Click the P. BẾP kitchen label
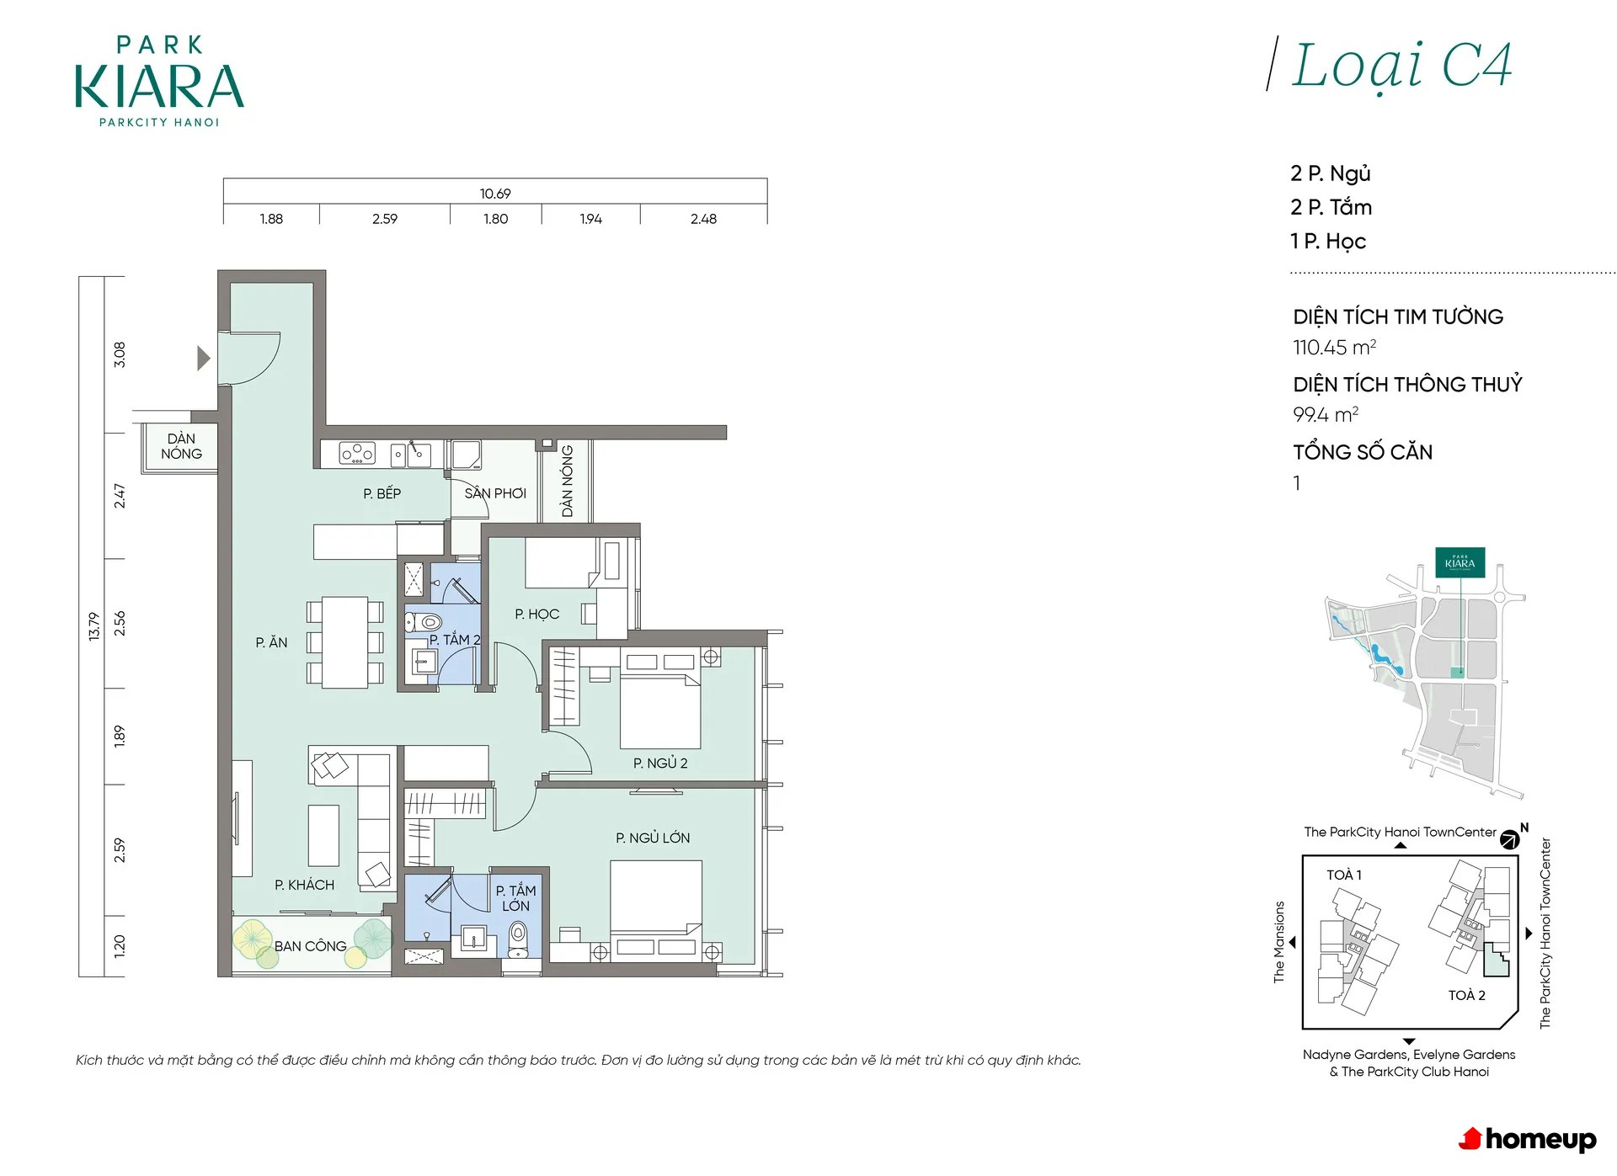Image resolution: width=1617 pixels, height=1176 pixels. [x=382, y=493]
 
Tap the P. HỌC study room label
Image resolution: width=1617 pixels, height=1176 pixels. [x=536, y=614]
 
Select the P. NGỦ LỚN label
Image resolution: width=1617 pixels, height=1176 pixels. [x=653, y=838]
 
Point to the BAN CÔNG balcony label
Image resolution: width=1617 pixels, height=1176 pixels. [x=310, y=945]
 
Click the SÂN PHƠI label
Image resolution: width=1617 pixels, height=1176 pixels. [x=495, y=492]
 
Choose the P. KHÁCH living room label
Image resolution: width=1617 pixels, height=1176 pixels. [x=304, y=885]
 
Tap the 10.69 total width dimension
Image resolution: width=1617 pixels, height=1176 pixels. [x=495, y=194]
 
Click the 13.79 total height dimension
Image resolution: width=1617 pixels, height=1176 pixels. [x=93, y=626]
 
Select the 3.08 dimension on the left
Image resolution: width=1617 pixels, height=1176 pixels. [x=120, y=354]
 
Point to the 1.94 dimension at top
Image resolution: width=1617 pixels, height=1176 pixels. [x=590, y=219]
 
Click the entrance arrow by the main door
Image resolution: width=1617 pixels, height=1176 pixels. [x=203, y=358]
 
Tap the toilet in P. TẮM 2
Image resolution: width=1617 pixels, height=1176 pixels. [x=424, y=623]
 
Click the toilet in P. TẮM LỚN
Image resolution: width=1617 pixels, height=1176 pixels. [x=518, y=936]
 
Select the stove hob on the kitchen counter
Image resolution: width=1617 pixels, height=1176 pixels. [x=357, y=453]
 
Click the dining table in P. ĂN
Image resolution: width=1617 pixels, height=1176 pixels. [x=344, y=641]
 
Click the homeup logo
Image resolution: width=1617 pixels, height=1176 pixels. [x=1527, y=1139]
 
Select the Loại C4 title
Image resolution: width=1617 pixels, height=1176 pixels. [x=1401, y=66]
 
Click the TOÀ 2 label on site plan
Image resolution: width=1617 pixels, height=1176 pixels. [x=1466, y=995]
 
